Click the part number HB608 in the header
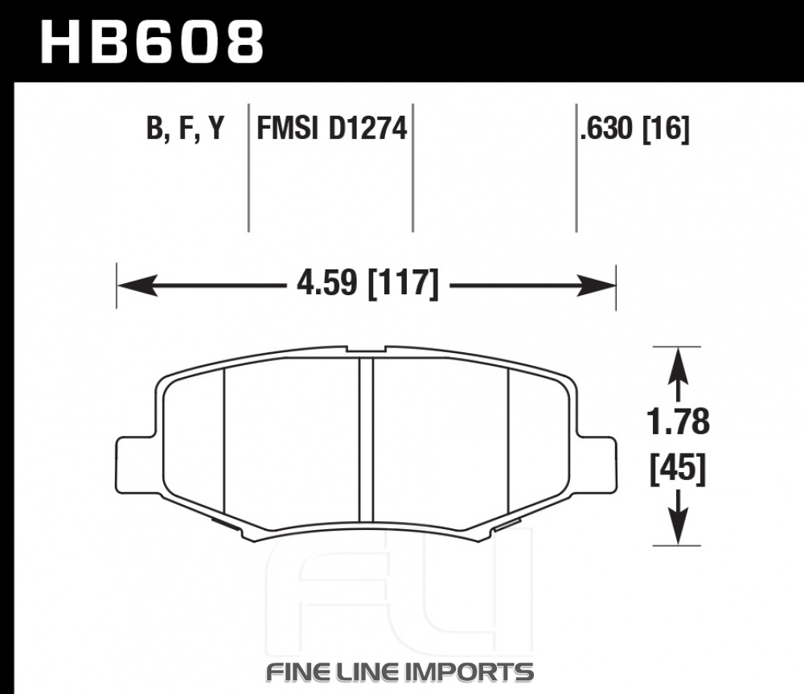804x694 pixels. click(152, 42)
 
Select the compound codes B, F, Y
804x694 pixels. click(186, 128)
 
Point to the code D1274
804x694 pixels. click(367, 127)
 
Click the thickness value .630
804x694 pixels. click(606, 128)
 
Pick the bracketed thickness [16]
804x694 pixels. click(666, 128)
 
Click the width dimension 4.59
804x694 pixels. click(326, 282)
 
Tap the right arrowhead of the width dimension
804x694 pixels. click(596, 285)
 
